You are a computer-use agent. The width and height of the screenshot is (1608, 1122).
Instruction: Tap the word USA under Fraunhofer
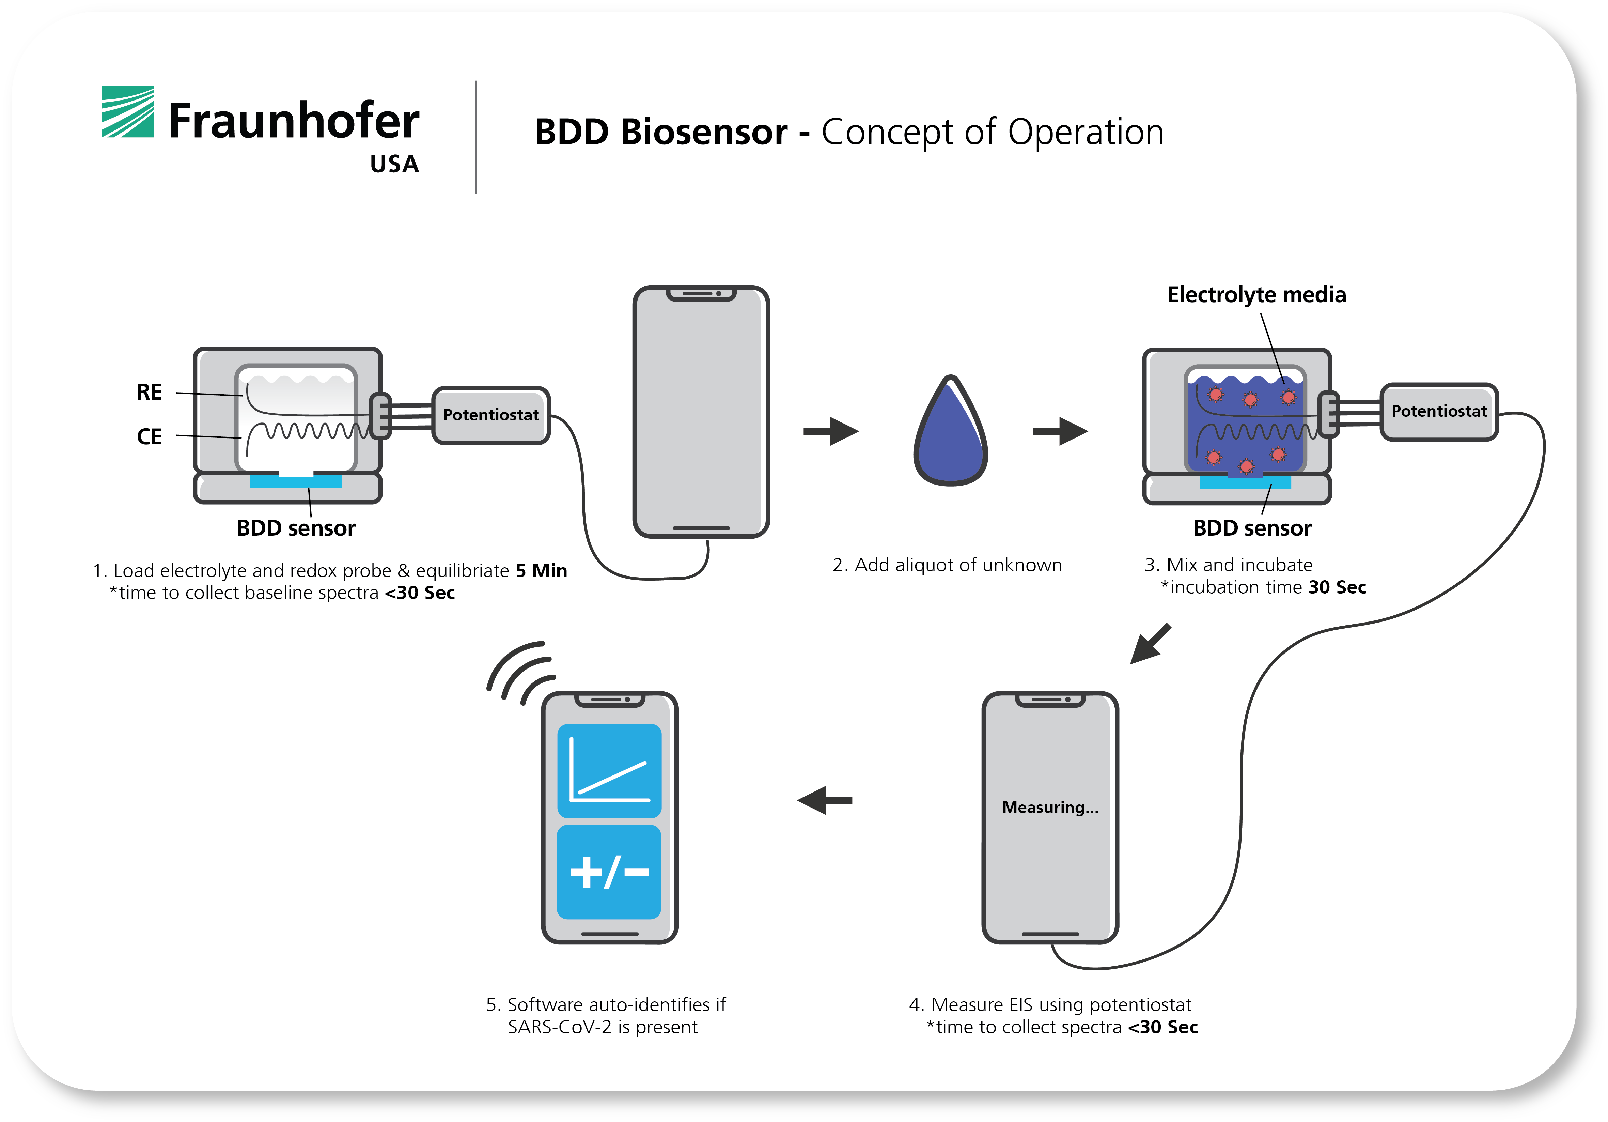point(394,164)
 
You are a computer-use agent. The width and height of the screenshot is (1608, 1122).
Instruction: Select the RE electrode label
point(149,392)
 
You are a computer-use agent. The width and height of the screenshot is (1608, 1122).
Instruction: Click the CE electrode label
point(149,437)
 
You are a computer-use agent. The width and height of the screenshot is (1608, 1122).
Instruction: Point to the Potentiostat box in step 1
point(491,415)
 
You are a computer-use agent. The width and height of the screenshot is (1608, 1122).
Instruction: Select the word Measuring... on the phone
point(1050,808)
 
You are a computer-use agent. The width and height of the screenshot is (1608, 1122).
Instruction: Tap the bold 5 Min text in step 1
point(541,571)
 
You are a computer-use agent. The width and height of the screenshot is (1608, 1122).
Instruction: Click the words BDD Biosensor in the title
point(660,132)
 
